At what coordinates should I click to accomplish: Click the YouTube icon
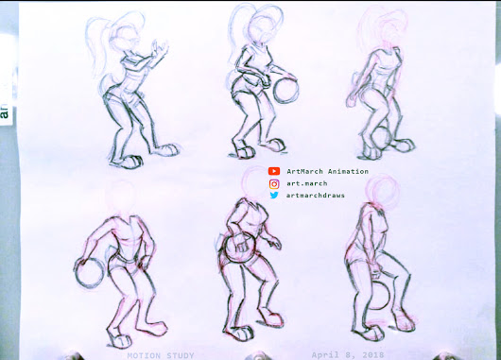coord(274,171)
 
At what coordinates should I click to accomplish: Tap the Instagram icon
coord(274,183)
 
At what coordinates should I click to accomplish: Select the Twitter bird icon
coord(274,196)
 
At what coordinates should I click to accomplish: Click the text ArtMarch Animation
coord(327,171)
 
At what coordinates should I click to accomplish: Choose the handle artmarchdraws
coord(315,196)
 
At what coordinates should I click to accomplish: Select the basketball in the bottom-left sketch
coord(90,273)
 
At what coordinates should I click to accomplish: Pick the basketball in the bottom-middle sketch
coord(240,251)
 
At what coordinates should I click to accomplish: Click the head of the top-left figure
coord(124,38)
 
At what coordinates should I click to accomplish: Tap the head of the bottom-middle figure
coord(253,194)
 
